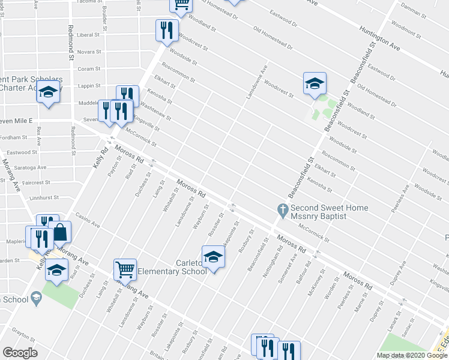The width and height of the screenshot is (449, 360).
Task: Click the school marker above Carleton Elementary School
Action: pos(212,257)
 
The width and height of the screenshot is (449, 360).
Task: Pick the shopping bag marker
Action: pos(60,232)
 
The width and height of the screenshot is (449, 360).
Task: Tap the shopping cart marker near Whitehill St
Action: pos(125,269)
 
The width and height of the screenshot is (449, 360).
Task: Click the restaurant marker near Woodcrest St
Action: pos(166,30)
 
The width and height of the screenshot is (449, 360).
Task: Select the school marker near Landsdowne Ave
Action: pos(314,83)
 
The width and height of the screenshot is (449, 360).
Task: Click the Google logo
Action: pos(20,352)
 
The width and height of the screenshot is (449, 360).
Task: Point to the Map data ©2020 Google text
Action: pos(412,355)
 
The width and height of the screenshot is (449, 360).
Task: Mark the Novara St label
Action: pos(89,52)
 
